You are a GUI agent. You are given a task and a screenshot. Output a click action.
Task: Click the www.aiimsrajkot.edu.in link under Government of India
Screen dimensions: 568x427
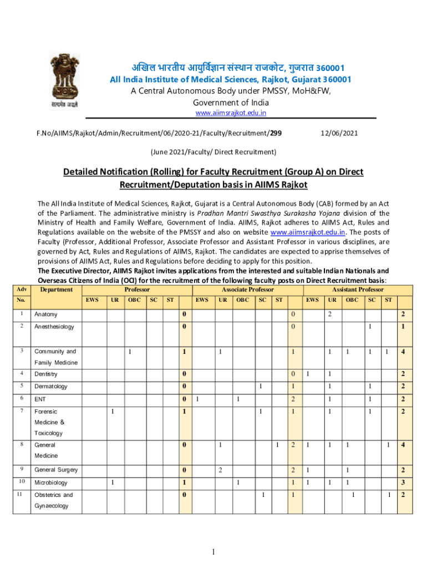pos(230,113)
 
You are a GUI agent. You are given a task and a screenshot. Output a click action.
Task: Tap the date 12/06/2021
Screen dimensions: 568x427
pos(339,133)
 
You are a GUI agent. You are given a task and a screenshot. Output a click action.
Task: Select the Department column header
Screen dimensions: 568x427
pos(57,290)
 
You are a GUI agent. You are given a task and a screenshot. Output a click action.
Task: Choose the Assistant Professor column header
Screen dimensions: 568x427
pos(358,290)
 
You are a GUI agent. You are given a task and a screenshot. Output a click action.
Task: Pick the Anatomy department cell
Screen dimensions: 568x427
pos(46,315)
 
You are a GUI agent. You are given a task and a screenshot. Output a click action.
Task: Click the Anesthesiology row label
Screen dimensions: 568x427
pos(54,327)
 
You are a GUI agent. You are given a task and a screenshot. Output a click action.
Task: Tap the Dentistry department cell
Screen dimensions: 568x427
pos(46,374)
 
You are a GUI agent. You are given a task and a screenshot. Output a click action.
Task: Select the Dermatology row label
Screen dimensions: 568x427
pos(51,386)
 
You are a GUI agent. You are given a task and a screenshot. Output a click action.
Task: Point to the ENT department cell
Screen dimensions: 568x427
pos(40,399)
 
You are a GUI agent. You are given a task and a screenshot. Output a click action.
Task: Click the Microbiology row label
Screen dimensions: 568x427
pos(51,483)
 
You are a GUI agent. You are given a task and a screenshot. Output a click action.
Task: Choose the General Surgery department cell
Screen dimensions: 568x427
pos(56,470)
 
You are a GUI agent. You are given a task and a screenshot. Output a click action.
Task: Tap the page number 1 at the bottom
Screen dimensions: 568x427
pos(213,551)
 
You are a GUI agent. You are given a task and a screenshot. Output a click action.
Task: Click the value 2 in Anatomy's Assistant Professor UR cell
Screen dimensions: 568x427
pos(329,315)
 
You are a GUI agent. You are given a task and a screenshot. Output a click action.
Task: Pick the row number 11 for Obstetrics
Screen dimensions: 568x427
pos(21,494)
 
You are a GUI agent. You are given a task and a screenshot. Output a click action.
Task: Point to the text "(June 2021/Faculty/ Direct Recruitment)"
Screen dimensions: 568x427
pos(213,151)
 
